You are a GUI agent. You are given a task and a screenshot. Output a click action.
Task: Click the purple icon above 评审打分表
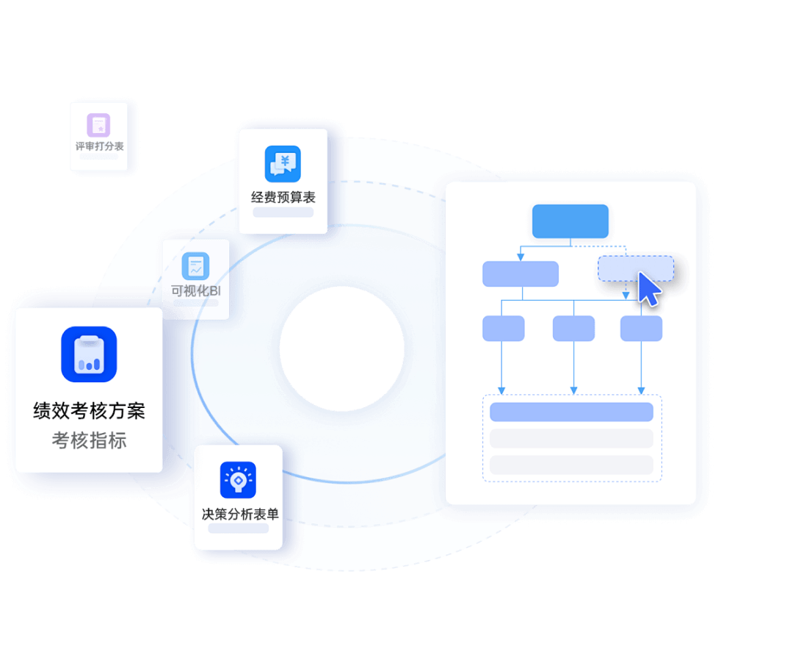coord(98,125)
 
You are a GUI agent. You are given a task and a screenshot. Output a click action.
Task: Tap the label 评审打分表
coord(99,146)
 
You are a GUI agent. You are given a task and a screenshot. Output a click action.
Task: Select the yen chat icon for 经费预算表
coord(283,164)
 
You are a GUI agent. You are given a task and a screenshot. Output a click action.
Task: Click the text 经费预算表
coord(283,197)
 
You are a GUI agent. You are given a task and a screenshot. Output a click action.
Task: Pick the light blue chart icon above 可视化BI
coord(195,266)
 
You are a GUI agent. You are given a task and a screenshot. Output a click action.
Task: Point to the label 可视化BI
coord(195,290)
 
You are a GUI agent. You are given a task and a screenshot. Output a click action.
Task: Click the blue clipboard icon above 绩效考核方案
coord(89,354)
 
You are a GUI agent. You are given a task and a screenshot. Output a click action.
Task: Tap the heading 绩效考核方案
coord(89,411)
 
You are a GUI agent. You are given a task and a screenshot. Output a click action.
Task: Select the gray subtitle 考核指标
coord(89,440)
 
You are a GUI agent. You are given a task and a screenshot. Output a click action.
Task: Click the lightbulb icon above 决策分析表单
coord(239,480)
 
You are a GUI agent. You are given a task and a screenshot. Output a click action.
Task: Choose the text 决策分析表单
coord(240,514)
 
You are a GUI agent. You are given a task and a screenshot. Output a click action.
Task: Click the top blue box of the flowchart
coord(570,221)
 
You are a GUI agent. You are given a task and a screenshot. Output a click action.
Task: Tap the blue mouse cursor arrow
coord(649,289)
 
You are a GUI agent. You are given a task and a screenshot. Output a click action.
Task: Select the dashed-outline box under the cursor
coord(636,268)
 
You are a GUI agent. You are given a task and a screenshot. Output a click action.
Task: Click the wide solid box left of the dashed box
coord(521,274)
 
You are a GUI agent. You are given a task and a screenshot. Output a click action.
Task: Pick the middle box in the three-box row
coord(574,329)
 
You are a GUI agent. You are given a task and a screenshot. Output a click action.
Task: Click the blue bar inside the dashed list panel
coord(571,412)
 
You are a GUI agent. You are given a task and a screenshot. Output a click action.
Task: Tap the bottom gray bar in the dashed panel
coord(571,465)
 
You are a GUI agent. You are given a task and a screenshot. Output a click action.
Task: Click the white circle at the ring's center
coord(342,348)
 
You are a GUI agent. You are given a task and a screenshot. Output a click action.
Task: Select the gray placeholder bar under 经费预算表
coord(283,212)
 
